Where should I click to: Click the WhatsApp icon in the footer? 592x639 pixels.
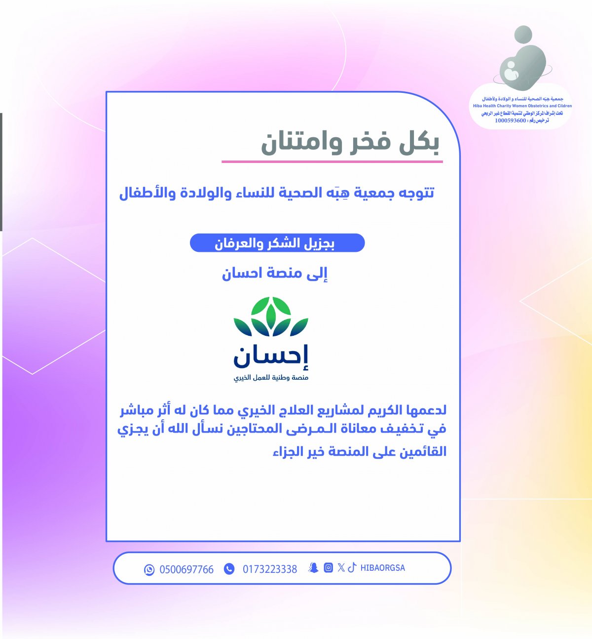(x=149, y=570)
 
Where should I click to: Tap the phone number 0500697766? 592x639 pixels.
(x=186, y=570)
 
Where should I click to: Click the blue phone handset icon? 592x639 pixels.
(x=229, y=569)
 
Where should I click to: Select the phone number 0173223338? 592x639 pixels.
(x=270, y=569)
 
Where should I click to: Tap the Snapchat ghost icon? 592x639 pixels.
(x=313, y=568)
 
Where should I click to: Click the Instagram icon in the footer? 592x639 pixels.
(x=328, y=567)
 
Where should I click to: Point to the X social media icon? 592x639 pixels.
(x=341, y=567)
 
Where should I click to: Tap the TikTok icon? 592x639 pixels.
(x=352, y=567)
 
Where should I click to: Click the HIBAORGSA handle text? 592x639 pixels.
(x=382, y=568)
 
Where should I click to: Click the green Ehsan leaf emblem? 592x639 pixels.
(x=271, y=316)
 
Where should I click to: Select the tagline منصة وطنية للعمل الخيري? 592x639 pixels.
(x=271, y=377)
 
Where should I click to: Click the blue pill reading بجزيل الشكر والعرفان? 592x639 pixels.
(x=277, y=243)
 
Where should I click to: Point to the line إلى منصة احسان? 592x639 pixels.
(x=275, y=274)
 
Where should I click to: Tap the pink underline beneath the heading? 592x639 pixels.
(x=332, y=161)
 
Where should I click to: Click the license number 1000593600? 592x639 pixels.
(x=510, y=120)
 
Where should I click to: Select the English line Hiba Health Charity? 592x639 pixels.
(x=522, y=106)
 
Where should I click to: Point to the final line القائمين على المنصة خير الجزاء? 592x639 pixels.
(x=360, y=452)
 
